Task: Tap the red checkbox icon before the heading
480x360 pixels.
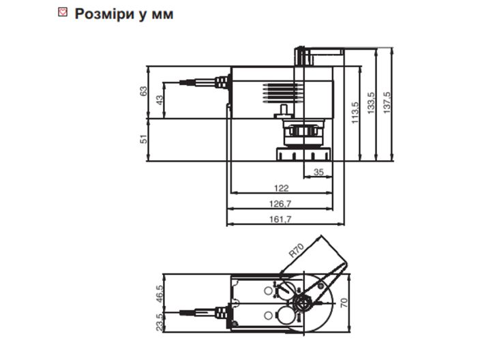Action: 63,13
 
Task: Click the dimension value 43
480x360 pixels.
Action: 160,99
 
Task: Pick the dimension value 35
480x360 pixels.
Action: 318,172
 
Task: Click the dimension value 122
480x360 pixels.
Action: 282,188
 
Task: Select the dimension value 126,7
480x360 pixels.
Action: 282,204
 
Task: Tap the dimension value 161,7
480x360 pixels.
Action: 282,220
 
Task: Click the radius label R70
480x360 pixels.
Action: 295,249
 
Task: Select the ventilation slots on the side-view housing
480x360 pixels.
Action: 282,91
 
